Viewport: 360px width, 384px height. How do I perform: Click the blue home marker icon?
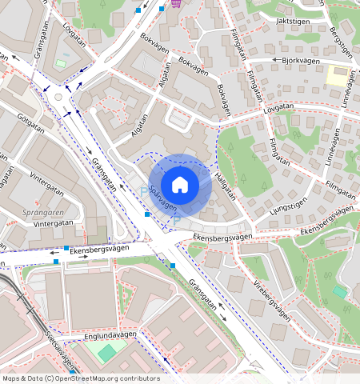180,185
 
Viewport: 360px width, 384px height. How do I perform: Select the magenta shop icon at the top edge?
174,3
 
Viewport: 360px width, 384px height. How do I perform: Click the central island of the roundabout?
62,98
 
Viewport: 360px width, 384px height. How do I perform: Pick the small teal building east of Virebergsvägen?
340,292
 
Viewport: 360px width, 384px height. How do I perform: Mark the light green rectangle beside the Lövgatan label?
62,62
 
